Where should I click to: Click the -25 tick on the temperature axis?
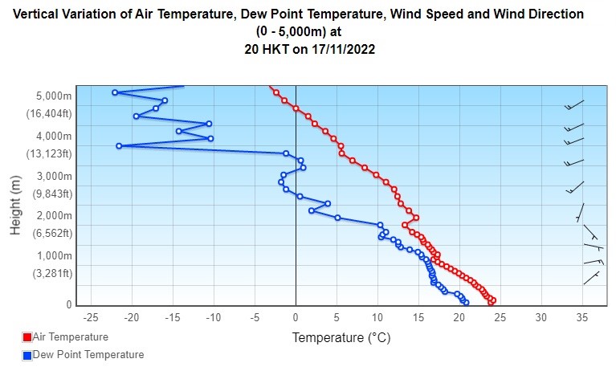click(91, 317)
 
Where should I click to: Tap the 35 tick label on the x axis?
click(582, 317)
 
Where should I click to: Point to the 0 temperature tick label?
click(296, 317)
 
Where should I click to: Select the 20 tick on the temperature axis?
click(459, 317)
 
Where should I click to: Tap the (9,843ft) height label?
click(52, 194)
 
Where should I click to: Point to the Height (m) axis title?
click(15, 206)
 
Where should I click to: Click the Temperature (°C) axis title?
click(341, 338)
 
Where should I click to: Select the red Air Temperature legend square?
click(27, 338)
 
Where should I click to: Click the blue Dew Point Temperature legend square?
click(27, 355)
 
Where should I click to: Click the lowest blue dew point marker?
click(466, 303)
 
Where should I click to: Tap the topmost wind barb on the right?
click(574, 105)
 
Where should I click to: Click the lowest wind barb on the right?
click(592, 278)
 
